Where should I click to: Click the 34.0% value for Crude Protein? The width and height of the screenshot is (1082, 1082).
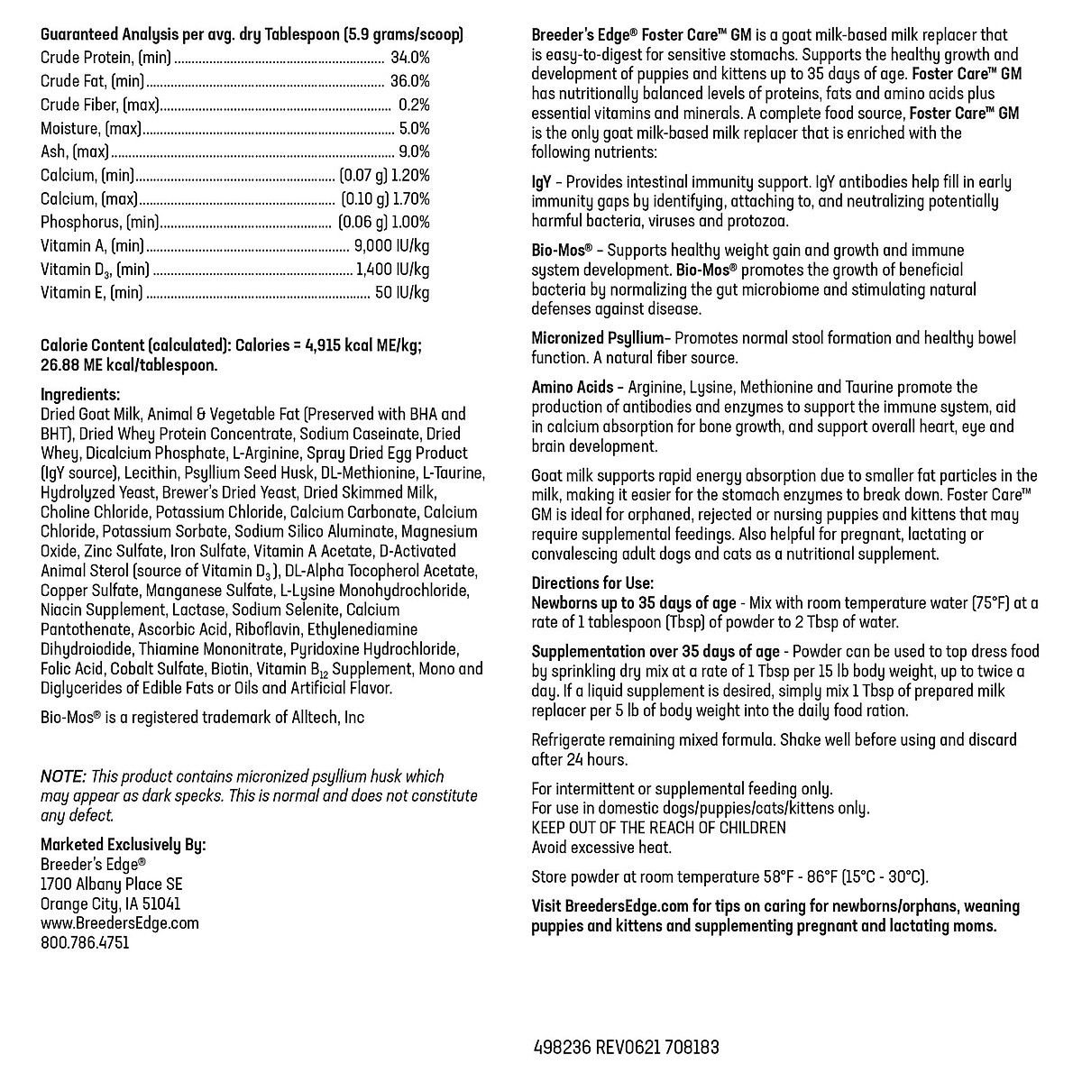(410, 58)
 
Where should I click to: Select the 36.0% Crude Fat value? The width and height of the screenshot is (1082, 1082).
(410, 81)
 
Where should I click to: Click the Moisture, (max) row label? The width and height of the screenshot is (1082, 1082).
(91, 128)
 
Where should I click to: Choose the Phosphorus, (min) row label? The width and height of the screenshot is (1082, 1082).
(100, 222)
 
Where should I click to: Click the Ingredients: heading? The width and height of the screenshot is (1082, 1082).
(80, 394)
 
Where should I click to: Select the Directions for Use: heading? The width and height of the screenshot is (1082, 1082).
(592, 583)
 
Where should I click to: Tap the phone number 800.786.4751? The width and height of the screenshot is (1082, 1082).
(85, 943)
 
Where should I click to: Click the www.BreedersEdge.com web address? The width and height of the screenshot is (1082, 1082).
(120, 923)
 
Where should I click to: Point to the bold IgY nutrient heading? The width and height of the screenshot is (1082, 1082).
(542, 181)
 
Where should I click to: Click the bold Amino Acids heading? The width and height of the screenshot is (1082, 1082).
(573, 387)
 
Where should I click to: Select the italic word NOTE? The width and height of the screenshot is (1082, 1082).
(63, 776)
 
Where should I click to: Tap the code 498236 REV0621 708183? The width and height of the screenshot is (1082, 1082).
(627, 1048)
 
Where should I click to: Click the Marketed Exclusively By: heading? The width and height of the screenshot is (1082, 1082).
(124, 845)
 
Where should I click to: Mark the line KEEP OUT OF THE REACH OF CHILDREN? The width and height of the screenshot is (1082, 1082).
(658, 828)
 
